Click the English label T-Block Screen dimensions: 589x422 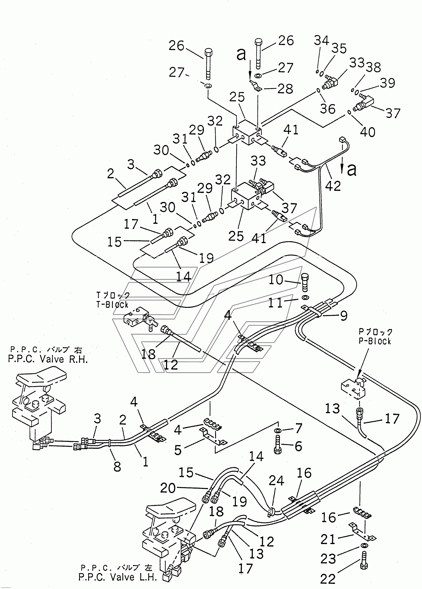pos(112,304)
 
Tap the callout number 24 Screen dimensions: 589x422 pos(276,481)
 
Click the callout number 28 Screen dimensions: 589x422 pos(285,89)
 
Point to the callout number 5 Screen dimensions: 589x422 pos(178,450)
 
